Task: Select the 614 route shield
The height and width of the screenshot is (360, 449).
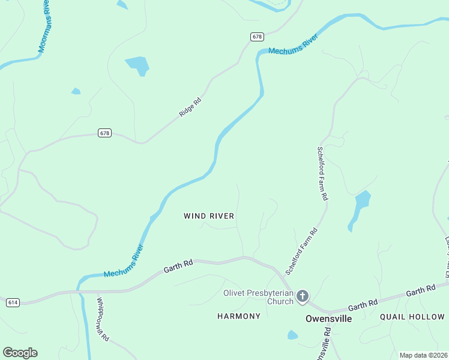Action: coord(12,302)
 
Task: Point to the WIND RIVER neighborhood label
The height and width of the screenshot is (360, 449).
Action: coord(209,216)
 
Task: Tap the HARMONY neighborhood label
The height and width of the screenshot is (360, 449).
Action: coord(239,316)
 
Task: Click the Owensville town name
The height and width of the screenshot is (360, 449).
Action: coord(328,318)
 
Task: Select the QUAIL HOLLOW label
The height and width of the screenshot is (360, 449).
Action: coord(412,316)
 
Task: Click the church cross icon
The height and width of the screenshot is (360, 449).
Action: coord(303,296)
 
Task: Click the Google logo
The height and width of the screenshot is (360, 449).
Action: coord(20,353)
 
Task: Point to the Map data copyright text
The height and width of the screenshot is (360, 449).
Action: coord(423,355)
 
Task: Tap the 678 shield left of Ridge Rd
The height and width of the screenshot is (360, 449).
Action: coord(104,133)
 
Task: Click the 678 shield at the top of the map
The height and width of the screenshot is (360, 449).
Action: coord(257,37)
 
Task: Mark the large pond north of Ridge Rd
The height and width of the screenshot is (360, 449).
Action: coord(137,65)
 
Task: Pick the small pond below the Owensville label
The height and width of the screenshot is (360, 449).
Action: coord(292,335)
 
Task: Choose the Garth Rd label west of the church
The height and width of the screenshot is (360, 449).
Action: coord(179,266)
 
